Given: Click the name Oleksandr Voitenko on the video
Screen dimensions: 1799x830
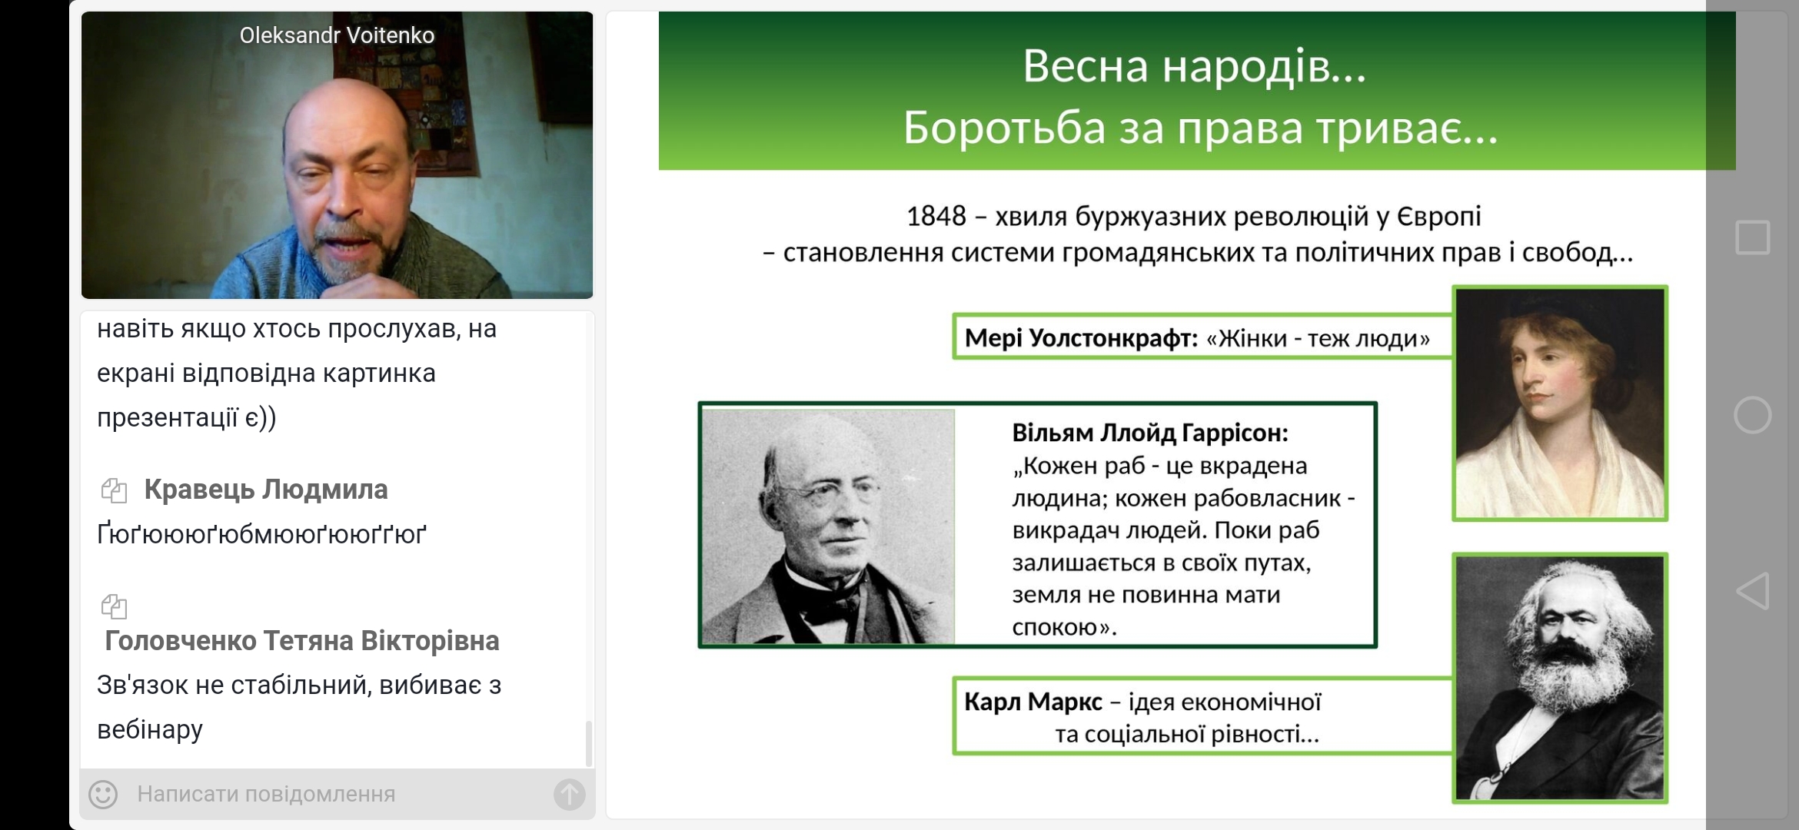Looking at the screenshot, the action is click(x=337, y=35).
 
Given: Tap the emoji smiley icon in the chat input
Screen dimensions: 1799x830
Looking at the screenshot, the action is click(x=103, y=794).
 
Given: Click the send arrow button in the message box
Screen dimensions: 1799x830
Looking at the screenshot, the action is click(x=569, y=794).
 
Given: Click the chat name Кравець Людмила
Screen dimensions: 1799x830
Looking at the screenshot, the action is click(x=266, y=490).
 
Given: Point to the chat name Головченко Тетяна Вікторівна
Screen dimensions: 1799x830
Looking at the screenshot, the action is click(x=302, y=641).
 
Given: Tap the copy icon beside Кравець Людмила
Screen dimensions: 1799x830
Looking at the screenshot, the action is click(x=114, y=490).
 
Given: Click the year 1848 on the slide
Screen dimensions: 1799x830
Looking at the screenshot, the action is click(x=936, y=217).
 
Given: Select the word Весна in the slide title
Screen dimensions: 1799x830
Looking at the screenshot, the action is click(x=1086, y=66).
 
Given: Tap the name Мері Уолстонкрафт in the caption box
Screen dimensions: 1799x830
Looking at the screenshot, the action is click(x=1081, y=338).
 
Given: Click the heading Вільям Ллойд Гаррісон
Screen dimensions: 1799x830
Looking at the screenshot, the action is click(x=1150, y=433).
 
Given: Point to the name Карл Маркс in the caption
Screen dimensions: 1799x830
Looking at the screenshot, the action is click(x=1033, y=702).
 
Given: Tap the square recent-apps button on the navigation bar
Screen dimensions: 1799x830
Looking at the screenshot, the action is click(x=1752, y=237).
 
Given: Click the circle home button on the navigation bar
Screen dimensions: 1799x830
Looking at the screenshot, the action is click(x=1752, y=415).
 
